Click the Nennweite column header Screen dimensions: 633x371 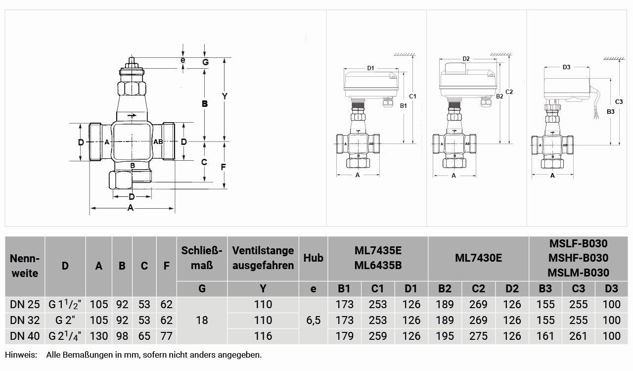pyautogui.click(x=25, y=266)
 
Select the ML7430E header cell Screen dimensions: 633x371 pyautogui.click(x=478, y=258)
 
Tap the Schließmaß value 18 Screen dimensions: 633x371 pyautogui.click(x=202, y=320)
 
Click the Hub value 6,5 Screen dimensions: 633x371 pyautogui.click(x=314, y=321)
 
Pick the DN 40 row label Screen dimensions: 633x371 pyautogui.click(x=25, y=336)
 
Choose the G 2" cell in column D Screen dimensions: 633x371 pyautogui.click(x=65, y=320)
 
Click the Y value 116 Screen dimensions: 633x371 pyautogui.click(x=263, y=336)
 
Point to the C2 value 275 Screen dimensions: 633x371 pyautogui.click(x=478, y=336)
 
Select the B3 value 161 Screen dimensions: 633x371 pyautogui.click(x=545, y=336)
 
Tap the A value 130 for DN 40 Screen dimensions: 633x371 pyautogui.click(x=98, y=336)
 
